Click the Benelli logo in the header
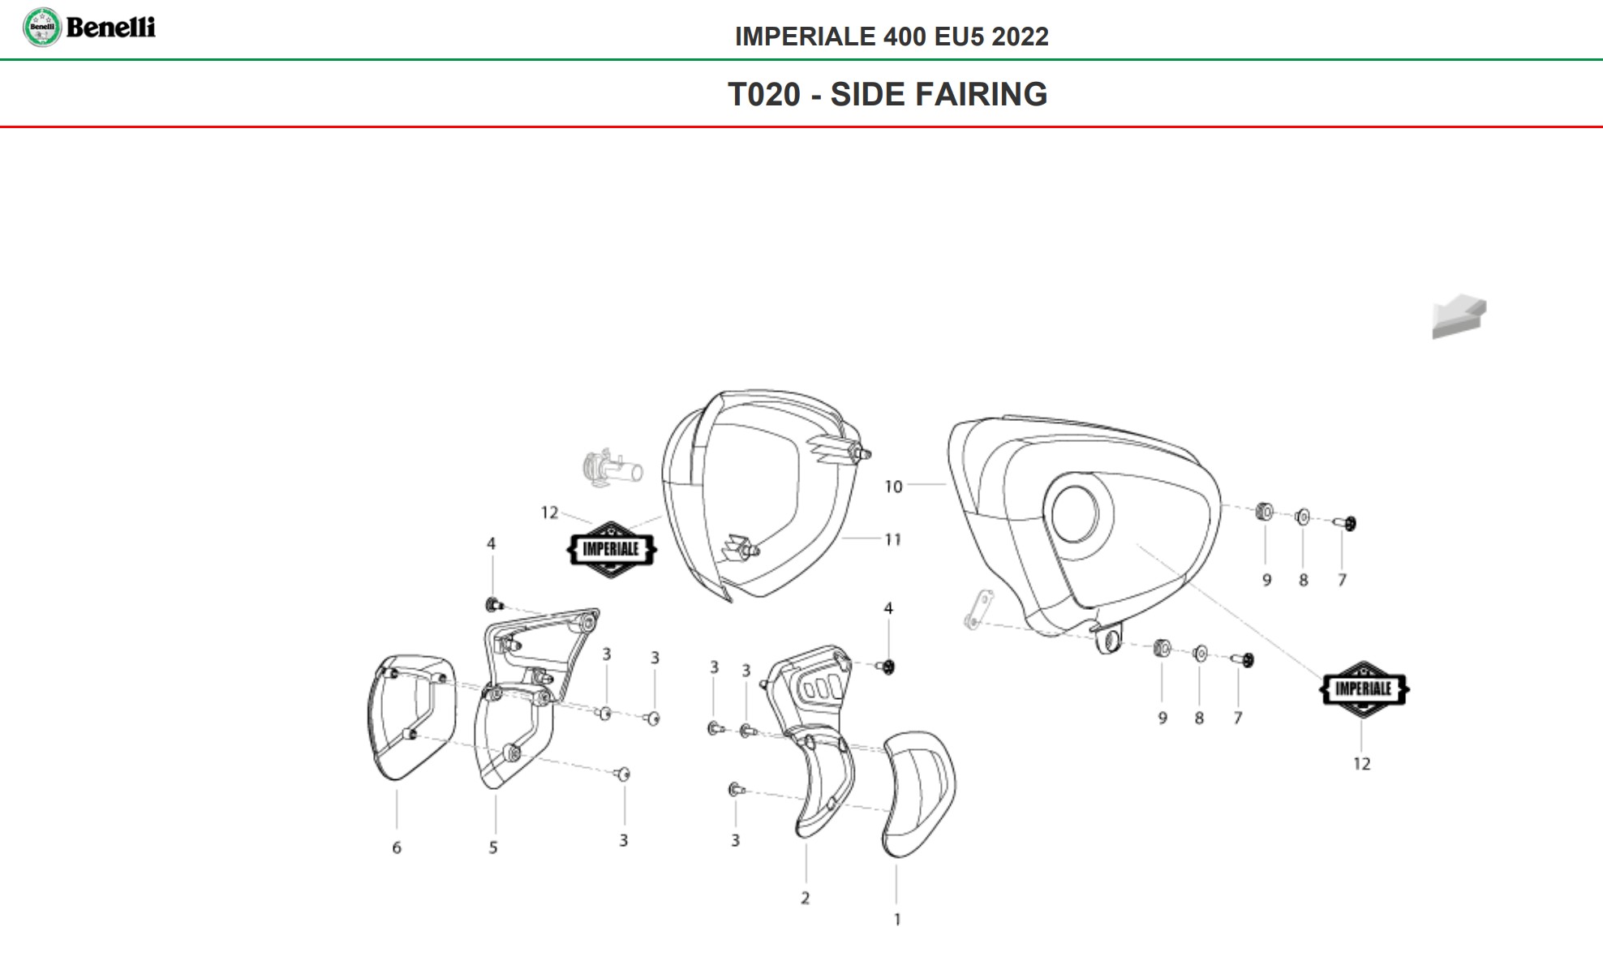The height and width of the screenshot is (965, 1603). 88,28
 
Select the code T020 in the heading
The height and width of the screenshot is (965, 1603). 763,95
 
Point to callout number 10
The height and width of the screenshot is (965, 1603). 893,487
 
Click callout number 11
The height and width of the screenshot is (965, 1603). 893,540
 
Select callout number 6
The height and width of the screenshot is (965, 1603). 397,848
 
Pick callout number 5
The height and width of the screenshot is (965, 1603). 493,848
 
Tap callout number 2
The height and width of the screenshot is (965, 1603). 805,899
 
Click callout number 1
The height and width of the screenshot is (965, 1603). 897,920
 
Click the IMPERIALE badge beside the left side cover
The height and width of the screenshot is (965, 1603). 611,550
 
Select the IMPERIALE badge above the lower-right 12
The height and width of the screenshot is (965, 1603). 1363,689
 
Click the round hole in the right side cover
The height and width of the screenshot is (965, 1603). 1075,513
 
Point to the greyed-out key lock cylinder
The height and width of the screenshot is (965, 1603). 611,469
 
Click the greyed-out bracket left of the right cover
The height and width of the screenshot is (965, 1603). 978,610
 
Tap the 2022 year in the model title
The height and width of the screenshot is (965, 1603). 1020,36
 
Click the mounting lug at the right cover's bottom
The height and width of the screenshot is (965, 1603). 1108,640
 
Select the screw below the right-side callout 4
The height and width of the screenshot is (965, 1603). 887,667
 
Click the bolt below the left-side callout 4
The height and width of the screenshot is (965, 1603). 493,605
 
